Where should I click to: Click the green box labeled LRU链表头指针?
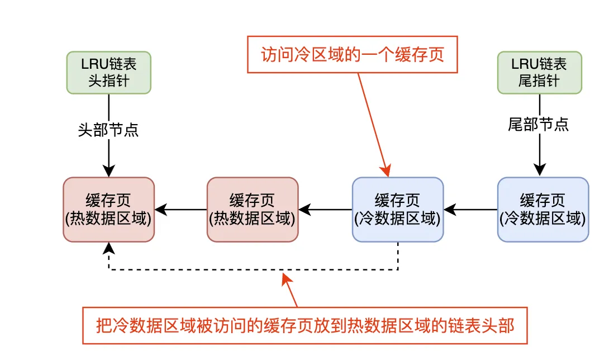109,73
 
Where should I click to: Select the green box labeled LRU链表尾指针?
540,73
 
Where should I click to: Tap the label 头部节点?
108,130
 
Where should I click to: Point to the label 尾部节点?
538,125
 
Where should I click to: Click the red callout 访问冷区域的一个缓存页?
353,54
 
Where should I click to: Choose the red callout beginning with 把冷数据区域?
305,326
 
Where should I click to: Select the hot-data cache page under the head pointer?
109,210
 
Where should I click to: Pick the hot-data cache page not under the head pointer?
253,210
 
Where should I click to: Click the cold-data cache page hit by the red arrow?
398,210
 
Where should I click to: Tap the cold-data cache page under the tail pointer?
543,210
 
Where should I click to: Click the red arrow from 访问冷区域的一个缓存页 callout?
373,125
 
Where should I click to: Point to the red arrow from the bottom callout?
290,290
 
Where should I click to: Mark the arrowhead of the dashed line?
109,248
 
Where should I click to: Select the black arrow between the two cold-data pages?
470,210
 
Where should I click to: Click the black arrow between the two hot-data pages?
180,210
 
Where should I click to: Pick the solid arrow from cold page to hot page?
326,210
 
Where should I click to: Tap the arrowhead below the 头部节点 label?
109,170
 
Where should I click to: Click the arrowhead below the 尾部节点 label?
540,170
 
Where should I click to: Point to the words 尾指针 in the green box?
539,81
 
